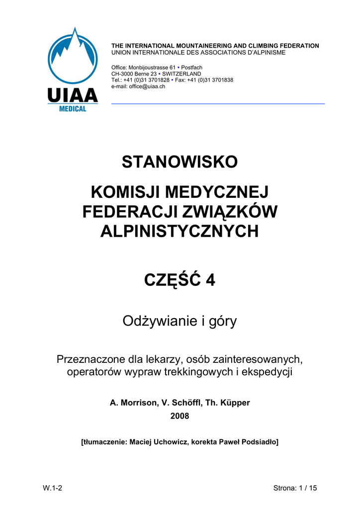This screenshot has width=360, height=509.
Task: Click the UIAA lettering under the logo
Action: (x=73, y=95)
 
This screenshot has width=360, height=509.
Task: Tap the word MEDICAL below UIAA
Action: (x=73, y=108)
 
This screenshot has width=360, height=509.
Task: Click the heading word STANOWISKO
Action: (x=180, y=162)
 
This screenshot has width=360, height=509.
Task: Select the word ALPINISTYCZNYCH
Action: (x=180, y=231)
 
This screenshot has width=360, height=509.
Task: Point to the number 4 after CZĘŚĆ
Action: (x=211, y=280)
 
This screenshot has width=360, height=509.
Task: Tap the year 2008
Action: (x=180, y=416)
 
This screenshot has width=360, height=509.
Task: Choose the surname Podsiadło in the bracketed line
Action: (x=257, y=441)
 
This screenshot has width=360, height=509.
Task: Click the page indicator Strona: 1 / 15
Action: (x=295, y=488)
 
